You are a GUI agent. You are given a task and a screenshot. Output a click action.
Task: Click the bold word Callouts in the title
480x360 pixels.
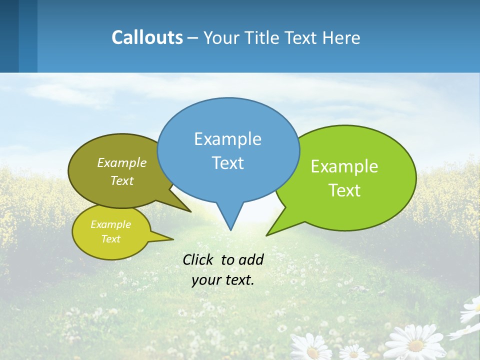pos(147,37)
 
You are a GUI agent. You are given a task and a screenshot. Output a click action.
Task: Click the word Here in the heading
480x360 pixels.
pos(341,37)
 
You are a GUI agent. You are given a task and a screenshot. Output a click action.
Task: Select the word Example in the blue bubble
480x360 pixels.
pos(227,139)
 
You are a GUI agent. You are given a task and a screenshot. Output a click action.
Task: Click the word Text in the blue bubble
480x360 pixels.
pos(227,163)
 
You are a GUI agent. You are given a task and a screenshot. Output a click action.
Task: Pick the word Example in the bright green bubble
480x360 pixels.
pos(344,166)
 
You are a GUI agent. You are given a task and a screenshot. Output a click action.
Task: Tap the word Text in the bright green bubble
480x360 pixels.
pos(344,190)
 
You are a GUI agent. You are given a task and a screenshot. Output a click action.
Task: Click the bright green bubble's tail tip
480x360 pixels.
pos(267,234)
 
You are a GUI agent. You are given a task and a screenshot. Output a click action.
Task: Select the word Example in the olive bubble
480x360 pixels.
pos(122,162)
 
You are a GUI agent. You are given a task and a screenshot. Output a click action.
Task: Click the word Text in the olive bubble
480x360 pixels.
pos(122,180)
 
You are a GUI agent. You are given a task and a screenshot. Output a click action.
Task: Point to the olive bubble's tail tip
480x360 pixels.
pos(190,211)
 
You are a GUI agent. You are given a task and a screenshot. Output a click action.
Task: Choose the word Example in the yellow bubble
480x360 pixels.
pos(110,224)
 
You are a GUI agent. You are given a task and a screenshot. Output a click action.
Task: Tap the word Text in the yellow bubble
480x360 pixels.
pos(110,239)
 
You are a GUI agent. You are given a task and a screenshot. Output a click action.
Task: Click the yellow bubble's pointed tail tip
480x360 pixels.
pos(173,239)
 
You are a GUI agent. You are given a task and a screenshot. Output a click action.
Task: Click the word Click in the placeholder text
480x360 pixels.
pos(199,259)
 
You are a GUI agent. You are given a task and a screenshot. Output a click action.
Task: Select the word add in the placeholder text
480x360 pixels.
pos(251,259)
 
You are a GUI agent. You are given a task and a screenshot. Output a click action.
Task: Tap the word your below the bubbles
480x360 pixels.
pos(205,280)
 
